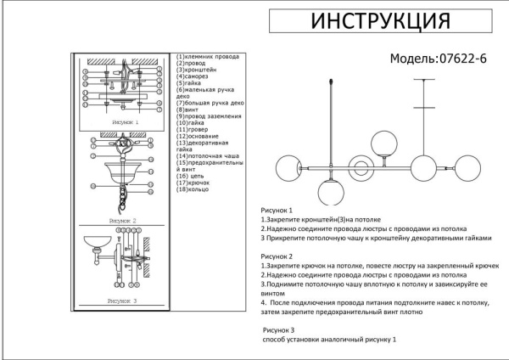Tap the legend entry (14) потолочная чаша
(x=208, y=156)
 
